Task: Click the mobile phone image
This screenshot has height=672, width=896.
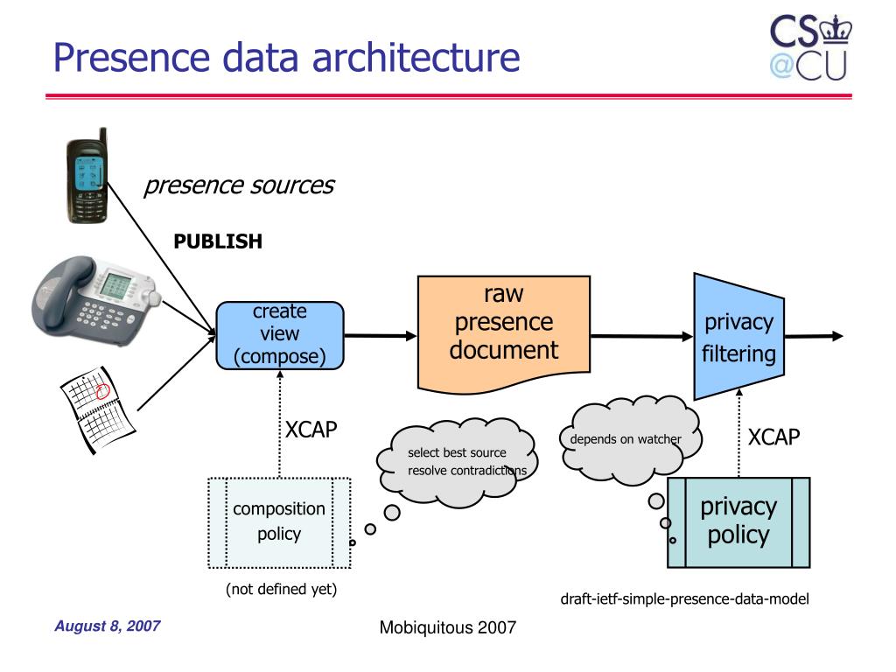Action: coord(87,176)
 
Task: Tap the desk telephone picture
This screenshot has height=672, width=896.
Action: coord(96,301)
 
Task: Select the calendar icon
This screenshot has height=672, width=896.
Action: coord(98,409)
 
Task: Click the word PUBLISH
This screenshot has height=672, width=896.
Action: coord(218,241)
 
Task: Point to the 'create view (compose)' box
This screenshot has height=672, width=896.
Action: coord(279,335)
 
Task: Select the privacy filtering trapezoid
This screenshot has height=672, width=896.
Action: coord(738,337)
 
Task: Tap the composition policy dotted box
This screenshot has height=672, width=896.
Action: coord(279,523)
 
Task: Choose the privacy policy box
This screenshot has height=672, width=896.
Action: coord(738,522)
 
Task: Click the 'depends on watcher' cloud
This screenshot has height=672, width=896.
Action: coord(628,440)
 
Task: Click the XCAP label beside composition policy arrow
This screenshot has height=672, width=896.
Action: coord(311,430)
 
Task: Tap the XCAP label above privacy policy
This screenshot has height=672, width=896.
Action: coord(773,437)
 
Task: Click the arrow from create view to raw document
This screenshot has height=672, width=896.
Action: coord(381,335)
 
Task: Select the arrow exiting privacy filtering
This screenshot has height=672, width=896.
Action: coord(814,337)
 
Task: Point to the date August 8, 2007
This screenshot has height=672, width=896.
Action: coord(108,626)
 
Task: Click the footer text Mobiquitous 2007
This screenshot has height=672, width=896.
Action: coord(447,627)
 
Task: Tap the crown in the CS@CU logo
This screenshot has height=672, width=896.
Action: coord(836,30)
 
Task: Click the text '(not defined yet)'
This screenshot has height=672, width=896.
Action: coord(281,589)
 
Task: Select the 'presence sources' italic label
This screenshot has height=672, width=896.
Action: coord(239,185)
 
